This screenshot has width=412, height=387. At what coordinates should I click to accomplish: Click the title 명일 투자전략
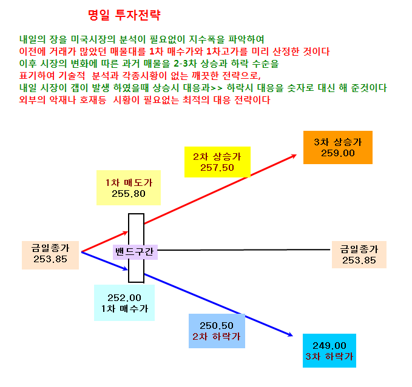pyautogui.click(x=124, y=15)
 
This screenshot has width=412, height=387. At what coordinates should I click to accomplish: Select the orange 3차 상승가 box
pyautogui.click(x=338, y=147)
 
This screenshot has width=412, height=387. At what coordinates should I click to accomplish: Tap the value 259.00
pyautogui.click(x=338, y=153)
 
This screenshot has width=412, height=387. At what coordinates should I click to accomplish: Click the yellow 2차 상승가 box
pyautogui.click(x=217, y=162)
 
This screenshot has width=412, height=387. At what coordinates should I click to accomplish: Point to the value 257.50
pyautogui.click(x=217, y=168)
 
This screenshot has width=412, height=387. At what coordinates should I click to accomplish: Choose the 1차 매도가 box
pyautogui.click(x=129, y=188)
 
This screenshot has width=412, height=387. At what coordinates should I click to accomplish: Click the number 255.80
pyautogui.click(x=129, y=194)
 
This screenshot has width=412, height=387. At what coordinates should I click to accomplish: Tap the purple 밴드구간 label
pyautogui.click(x=135, y=252)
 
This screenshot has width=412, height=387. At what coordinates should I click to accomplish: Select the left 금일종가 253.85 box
pyautogui.click(x=50, y=255)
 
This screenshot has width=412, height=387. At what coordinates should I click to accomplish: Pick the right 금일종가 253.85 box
pyautogui.click(x=359, y=254)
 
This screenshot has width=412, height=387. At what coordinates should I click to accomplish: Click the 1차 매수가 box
pyautogui.click(x=124, y=303)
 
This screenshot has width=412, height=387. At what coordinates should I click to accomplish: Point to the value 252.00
pyautogui.click(x=124, y=298)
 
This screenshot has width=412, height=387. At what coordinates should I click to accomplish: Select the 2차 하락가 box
pyautogui.click(x=217, y=331)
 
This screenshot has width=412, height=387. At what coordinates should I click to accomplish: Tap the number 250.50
pyautogui.click(x=217, y=326)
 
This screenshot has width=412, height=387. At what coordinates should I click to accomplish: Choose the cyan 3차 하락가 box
pyautogui.click(x=329, y=351)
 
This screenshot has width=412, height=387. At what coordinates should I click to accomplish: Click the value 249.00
pyautogui.click(x=329, y=346)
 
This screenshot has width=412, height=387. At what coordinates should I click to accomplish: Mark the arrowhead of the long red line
pyautogui.click(x=296, y=155)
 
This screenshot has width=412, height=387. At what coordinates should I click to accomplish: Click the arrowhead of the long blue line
pyautogui.click(x=292, y=336)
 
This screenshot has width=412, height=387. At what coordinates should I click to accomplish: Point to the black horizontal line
pyautogui.click(x=243, y=250)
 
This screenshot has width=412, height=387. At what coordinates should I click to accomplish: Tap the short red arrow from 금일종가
pyautogui.click(x=104, y=242)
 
